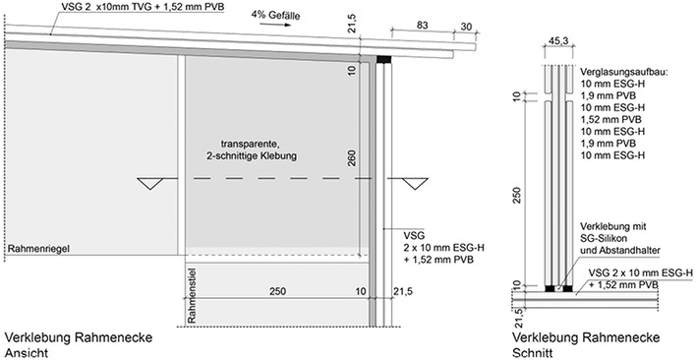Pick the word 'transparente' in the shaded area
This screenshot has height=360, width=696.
click(251, 143)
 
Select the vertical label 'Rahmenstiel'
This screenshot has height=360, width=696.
click(193, 296)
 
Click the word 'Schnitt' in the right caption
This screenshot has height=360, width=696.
click(530, 352)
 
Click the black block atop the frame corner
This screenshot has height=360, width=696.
click(382, 60)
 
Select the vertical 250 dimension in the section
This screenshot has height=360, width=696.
click(516, 196)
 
